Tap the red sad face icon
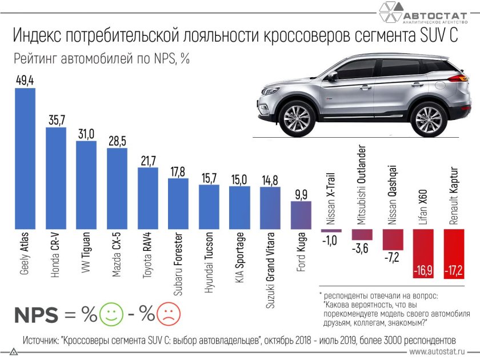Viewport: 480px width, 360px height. (168, 314)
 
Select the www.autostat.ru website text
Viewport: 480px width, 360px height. (440, 353)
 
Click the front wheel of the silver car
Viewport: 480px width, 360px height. (296, 118)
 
